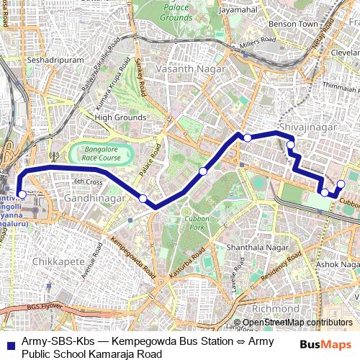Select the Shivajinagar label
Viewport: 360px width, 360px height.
[297, 127]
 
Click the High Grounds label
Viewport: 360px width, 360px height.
[115, 117]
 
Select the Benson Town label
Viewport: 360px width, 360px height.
[293, 24]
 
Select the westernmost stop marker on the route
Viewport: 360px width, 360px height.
[22, 194]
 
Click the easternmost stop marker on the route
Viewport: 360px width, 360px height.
[341, 184]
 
